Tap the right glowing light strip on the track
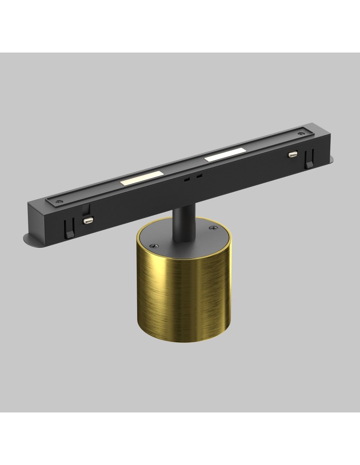click(x=225, y=155)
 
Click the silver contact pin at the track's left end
click(x=87, y=219)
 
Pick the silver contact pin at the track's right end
click(x=292, y=154)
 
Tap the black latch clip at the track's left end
click(x=68, y=229)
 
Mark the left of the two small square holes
click(x=187, y=179)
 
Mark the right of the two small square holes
click(x=199, y=176)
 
